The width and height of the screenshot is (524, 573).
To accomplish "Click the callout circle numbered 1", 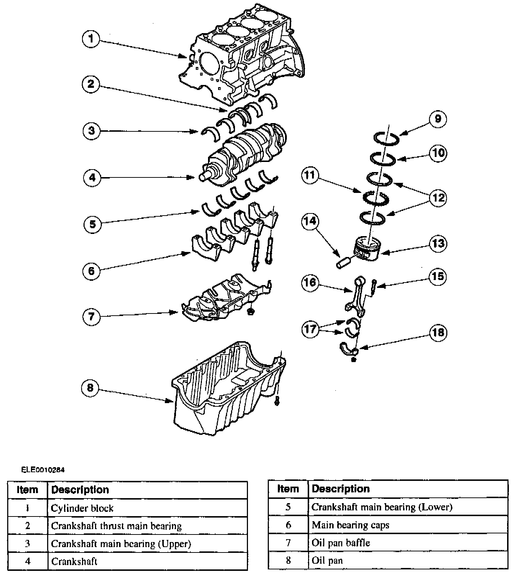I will click(x=91, y=39).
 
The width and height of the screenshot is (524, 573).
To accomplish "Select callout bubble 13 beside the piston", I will click(x=438, y=244).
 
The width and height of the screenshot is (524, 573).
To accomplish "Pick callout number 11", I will click(x=310, y=176).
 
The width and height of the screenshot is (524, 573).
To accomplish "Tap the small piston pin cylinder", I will click(x=342, y=263).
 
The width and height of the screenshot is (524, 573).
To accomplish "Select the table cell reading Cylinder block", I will click(x=82, y=508).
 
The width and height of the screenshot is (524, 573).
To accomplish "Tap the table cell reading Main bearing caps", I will click(x=351, y=525).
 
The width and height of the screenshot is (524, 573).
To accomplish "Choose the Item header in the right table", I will click(x=288, y=489).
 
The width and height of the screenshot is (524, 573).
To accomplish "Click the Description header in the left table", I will click(x=80, y=490).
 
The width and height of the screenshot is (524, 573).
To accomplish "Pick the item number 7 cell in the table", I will click(x=288, y=542).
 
